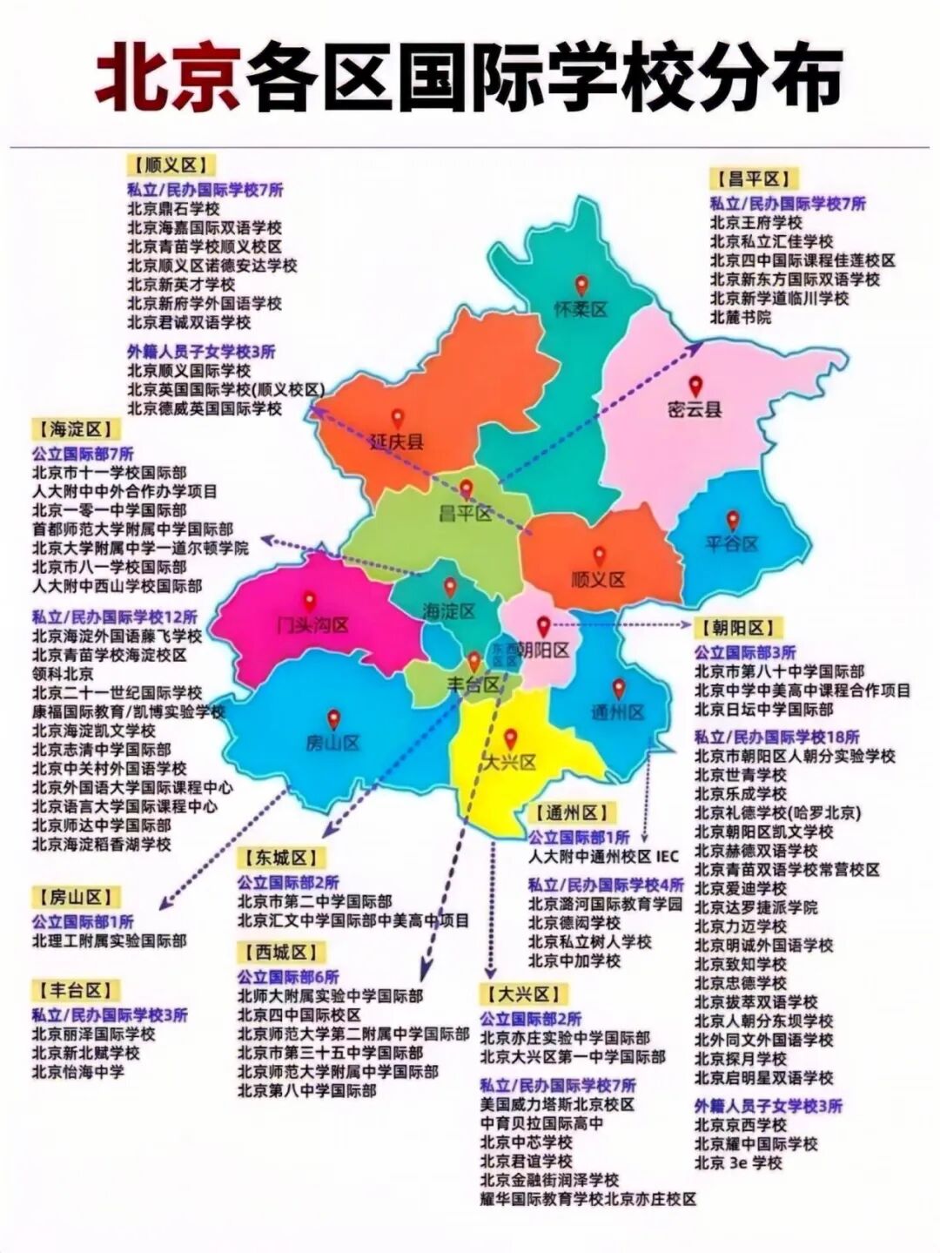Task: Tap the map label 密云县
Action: coord(695,408)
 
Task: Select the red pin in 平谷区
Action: coord(733,521)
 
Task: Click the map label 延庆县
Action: coord(396,441)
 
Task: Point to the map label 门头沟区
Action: coord(312,624)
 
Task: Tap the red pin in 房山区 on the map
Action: coord(333,720)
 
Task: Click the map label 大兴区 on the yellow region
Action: coord(510,763)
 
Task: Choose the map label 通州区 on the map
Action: coord(618,712)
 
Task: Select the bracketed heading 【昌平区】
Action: coord(753,179)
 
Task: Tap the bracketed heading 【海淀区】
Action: coord(76,428)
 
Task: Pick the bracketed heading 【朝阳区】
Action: coord(737,627)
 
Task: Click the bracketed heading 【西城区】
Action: coord(280,952)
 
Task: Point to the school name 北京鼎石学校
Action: coord(173,209)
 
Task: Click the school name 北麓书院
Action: coord(741,317)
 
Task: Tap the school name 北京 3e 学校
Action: coord(738,1162)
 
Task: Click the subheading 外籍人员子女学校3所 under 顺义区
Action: coord(201,352)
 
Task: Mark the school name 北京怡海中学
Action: coord(78,1072)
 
